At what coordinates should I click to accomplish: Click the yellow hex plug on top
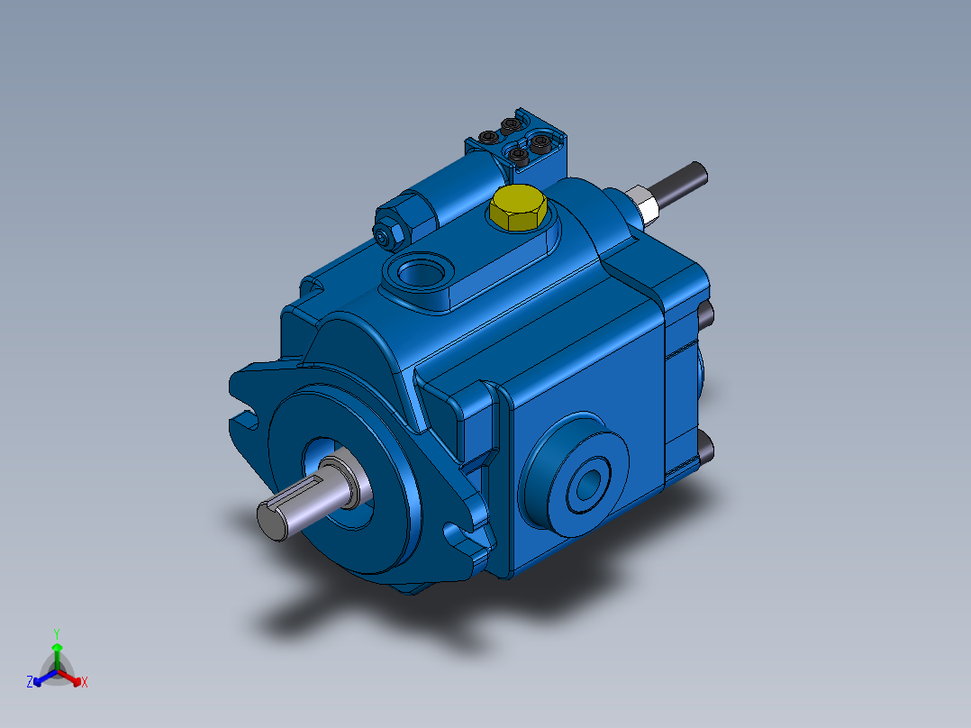point(518,208)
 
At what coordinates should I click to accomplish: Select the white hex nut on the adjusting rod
point(642,201)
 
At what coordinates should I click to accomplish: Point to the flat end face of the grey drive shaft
point(274,522)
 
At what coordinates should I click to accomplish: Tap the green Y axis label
point(56,633)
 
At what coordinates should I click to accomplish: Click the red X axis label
point(85,682)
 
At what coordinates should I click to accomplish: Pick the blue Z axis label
point(30,682)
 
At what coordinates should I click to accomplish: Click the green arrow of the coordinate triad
point(56,651)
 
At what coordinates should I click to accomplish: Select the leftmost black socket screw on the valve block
point(488,139)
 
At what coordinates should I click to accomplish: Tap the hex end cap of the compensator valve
point(390,233)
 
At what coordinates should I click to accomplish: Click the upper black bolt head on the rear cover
point(706,314)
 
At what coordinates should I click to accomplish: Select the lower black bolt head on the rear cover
point(705,448)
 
